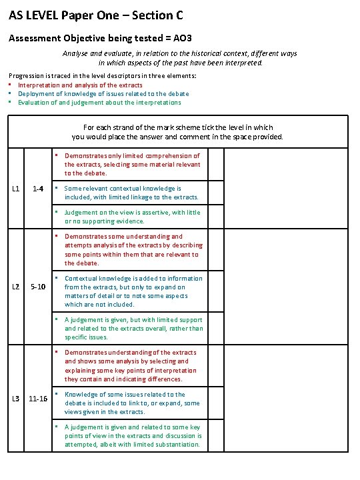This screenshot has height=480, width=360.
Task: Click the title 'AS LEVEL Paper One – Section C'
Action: pos(96,15)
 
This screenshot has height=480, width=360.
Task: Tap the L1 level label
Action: pos(16,189)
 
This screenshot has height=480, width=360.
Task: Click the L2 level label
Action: pos(16,287)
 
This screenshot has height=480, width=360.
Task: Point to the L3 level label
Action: pos(16,399)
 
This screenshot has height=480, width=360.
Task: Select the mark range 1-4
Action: pos(38,189)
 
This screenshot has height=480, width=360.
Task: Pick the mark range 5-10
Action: pos(38,287)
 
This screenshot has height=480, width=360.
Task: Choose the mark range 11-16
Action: pos(38,399)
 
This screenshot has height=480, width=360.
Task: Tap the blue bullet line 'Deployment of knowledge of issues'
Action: pos(103,94)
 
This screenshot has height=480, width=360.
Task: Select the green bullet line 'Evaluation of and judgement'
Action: pos(99,103)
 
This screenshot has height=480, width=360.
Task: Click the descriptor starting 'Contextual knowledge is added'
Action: pos(133,291)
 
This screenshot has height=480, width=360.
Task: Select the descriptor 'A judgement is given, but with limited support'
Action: pos(133,329)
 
